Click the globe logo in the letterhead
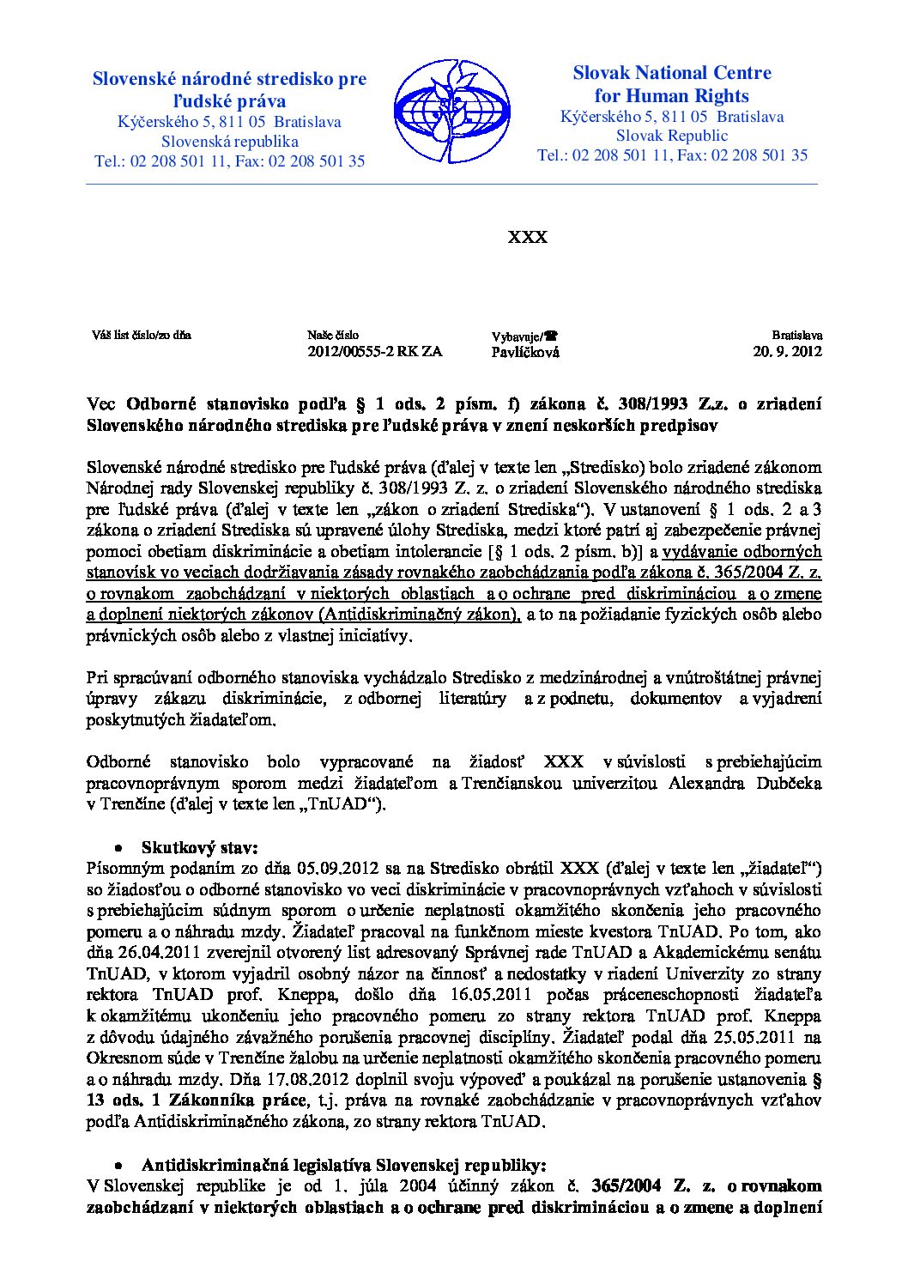(451, 111)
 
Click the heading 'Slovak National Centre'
(672, 74)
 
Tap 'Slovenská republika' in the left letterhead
(230, 142)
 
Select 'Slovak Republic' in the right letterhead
(672, 136)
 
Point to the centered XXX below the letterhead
(528, 237)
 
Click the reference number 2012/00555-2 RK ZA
(375, 351)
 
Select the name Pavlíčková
(525, 352)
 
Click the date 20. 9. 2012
(787, 351)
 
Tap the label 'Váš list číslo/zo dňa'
(142, 335)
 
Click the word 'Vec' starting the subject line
(101, 403)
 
